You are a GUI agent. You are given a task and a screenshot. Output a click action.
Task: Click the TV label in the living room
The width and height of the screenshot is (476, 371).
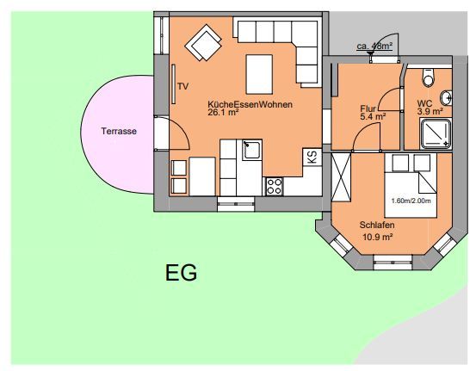click(183, 87)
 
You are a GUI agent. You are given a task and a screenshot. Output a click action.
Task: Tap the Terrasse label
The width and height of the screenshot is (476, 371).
click(119, 132)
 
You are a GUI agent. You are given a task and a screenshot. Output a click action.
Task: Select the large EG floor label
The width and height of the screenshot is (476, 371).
click(182, 272)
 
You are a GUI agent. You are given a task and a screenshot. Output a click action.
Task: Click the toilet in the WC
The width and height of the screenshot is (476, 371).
click(429, 77)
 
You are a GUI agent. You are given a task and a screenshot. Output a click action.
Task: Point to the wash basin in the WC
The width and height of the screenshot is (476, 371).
click(446, 98)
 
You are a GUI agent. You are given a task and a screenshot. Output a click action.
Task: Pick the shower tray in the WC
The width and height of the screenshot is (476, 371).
click(436, 134)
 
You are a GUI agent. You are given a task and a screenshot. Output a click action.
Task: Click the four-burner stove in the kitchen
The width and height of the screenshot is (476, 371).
click(274, 187)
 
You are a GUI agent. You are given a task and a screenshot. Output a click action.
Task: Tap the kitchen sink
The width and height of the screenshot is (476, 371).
click(252, 150)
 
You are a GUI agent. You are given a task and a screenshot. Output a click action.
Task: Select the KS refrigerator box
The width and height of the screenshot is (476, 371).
click(312, 158)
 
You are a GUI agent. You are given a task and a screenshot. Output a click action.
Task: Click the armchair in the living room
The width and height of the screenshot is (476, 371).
click(203, 42)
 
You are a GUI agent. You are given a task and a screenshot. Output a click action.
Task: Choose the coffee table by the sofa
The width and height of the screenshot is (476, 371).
click(259, 74)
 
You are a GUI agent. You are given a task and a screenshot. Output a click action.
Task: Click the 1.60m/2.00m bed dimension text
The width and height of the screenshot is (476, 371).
click(411, 201)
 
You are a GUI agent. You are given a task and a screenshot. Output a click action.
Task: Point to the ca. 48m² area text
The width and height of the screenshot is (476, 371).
click(374, 46)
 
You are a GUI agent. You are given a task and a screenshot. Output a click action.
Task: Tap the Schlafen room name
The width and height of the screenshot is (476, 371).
click(377, 226)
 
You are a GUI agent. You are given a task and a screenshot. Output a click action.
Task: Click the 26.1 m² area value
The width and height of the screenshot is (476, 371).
click(223, 113)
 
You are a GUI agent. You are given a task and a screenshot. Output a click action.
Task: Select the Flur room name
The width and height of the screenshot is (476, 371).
click(368, 108)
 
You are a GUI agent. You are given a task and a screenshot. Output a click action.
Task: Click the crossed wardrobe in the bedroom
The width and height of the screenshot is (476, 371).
click(341, 177)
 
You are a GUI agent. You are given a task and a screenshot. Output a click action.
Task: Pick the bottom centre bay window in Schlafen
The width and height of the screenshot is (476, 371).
click(393, 263)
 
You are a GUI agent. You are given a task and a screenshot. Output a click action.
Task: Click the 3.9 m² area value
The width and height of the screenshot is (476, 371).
click(430, 111)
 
